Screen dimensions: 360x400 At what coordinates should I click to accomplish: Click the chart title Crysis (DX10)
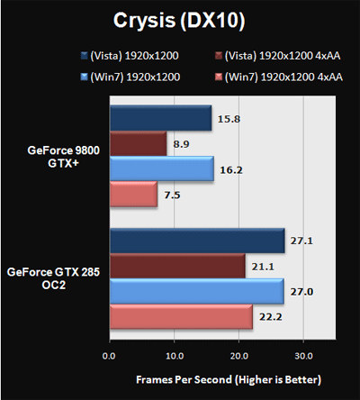(x=179, y=21)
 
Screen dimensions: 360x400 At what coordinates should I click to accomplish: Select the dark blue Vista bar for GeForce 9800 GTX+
(x=161, y=118)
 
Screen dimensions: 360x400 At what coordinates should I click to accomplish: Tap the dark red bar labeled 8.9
(x=139, y=143)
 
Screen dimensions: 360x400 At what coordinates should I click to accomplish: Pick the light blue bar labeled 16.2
(x=162, y=168)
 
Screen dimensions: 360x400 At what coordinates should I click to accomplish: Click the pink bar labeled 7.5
(x=133, y=194)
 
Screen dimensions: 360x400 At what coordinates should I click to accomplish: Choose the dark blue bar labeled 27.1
(x=197, y=241)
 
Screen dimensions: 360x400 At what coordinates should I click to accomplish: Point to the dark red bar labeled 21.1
(x=177, y=266)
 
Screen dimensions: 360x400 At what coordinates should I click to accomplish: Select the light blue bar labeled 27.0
(x=197, y=291)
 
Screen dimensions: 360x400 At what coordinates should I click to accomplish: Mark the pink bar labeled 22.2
(x=181, y=316)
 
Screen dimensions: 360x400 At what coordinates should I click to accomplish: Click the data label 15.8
(x=229, y=119)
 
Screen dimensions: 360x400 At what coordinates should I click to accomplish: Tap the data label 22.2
(x=271, y=317)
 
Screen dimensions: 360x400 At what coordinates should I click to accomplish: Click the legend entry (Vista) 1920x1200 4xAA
(x=278, y=56)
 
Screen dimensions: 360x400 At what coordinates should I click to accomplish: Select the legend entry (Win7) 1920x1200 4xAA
(x=279, y=77)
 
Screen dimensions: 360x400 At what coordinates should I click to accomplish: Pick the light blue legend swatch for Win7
(x=84, y=77)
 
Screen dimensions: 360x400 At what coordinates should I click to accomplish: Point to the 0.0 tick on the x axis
(x=109, y=356)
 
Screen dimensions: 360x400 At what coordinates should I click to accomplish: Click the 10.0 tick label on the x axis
(x=175, y=356)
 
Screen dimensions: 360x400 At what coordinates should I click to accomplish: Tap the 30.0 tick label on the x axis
(x=303, y=356)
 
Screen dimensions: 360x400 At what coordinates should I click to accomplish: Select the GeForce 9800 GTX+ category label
(x=63, y=157)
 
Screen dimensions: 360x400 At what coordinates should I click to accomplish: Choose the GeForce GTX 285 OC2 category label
(x=53, y=278)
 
